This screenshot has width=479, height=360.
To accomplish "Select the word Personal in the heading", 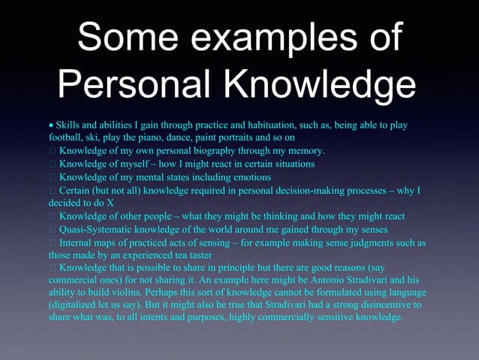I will [x=146, y=87].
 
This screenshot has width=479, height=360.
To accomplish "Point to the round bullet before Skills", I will [x=51, y=125].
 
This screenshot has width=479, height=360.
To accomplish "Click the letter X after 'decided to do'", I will [x=111, y=203].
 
